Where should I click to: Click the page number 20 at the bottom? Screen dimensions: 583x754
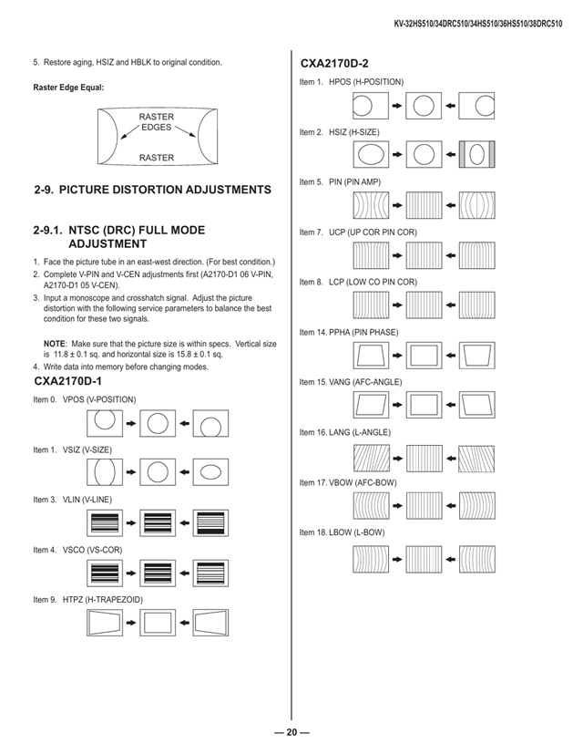tap(291, 732)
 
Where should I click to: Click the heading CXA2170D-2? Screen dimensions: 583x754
tap(334, 64)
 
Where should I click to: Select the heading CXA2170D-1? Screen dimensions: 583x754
tap(67, 381)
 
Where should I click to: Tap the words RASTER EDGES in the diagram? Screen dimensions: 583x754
tap(156, 121)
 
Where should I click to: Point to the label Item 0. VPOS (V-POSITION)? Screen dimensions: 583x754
tap(85, 399)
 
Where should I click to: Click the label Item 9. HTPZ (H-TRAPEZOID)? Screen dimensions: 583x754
tap(88, 600)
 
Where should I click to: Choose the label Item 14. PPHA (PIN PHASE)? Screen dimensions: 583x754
tap(349, 332)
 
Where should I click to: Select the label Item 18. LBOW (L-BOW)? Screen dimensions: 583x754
tap(343, 532)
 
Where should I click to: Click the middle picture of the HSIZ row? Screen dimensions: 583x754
tap(424, 154)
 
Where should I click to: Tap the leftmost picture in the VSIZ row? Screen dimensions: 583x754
tap(105, 472)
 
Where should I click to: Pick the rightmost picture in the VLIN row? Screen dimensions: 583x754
tap(210, 522)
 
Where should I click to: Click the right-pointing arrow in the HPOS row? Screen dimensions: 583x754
tap(397, 106)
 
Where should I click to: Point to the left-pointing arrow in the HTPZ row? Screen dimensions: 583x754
tap(184, 623)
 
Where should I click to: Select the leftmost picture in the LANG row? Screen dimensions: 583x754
tap(371, 459)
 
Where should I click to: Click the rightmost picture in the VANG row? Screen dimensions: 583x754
tap(476, 405)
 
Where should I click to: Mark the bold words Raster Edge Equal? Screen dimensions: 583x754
tap(68, 88)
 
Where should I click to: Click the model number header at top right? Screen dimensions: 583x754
tap(477, 24)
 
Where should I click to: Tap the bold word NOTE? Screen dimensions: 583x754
tap(55, 344)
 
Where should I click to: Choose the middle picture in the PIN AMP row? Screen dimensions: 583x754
tap(424, 205)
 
